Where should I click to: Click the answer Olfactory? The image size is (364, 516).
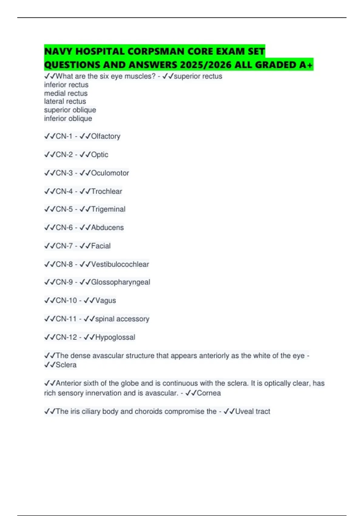106,136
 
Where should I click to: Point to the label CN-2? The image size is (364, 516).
64,155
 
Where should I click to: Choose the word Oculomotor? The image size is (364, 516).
110,173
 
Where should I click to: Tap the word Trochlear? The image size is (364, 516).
106,191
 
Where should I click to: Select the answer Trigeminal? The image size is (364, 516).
108,209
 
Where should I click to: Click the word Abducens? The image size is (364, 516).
107,228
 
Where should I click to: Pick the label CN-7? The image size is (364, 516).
64,246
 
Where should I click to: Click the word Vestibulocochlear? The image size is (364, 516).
120,264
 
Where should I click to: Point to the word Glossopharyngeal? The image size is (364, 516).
120,282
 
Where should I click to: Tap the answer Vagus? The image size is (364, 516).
106,300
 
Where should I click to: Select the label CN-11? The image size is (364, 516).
66,319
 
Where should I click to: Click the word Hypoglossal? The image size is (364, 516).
115,337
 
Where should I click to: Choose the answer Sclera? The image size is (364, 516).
66,365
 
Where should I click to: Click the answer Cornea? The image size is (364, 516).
209,393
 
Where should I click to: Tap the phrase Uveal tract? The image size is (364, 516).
252,412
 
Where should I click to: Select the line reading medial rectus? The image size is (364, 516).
66,93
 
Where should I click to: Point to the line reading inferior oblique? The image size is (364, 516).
68,118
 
